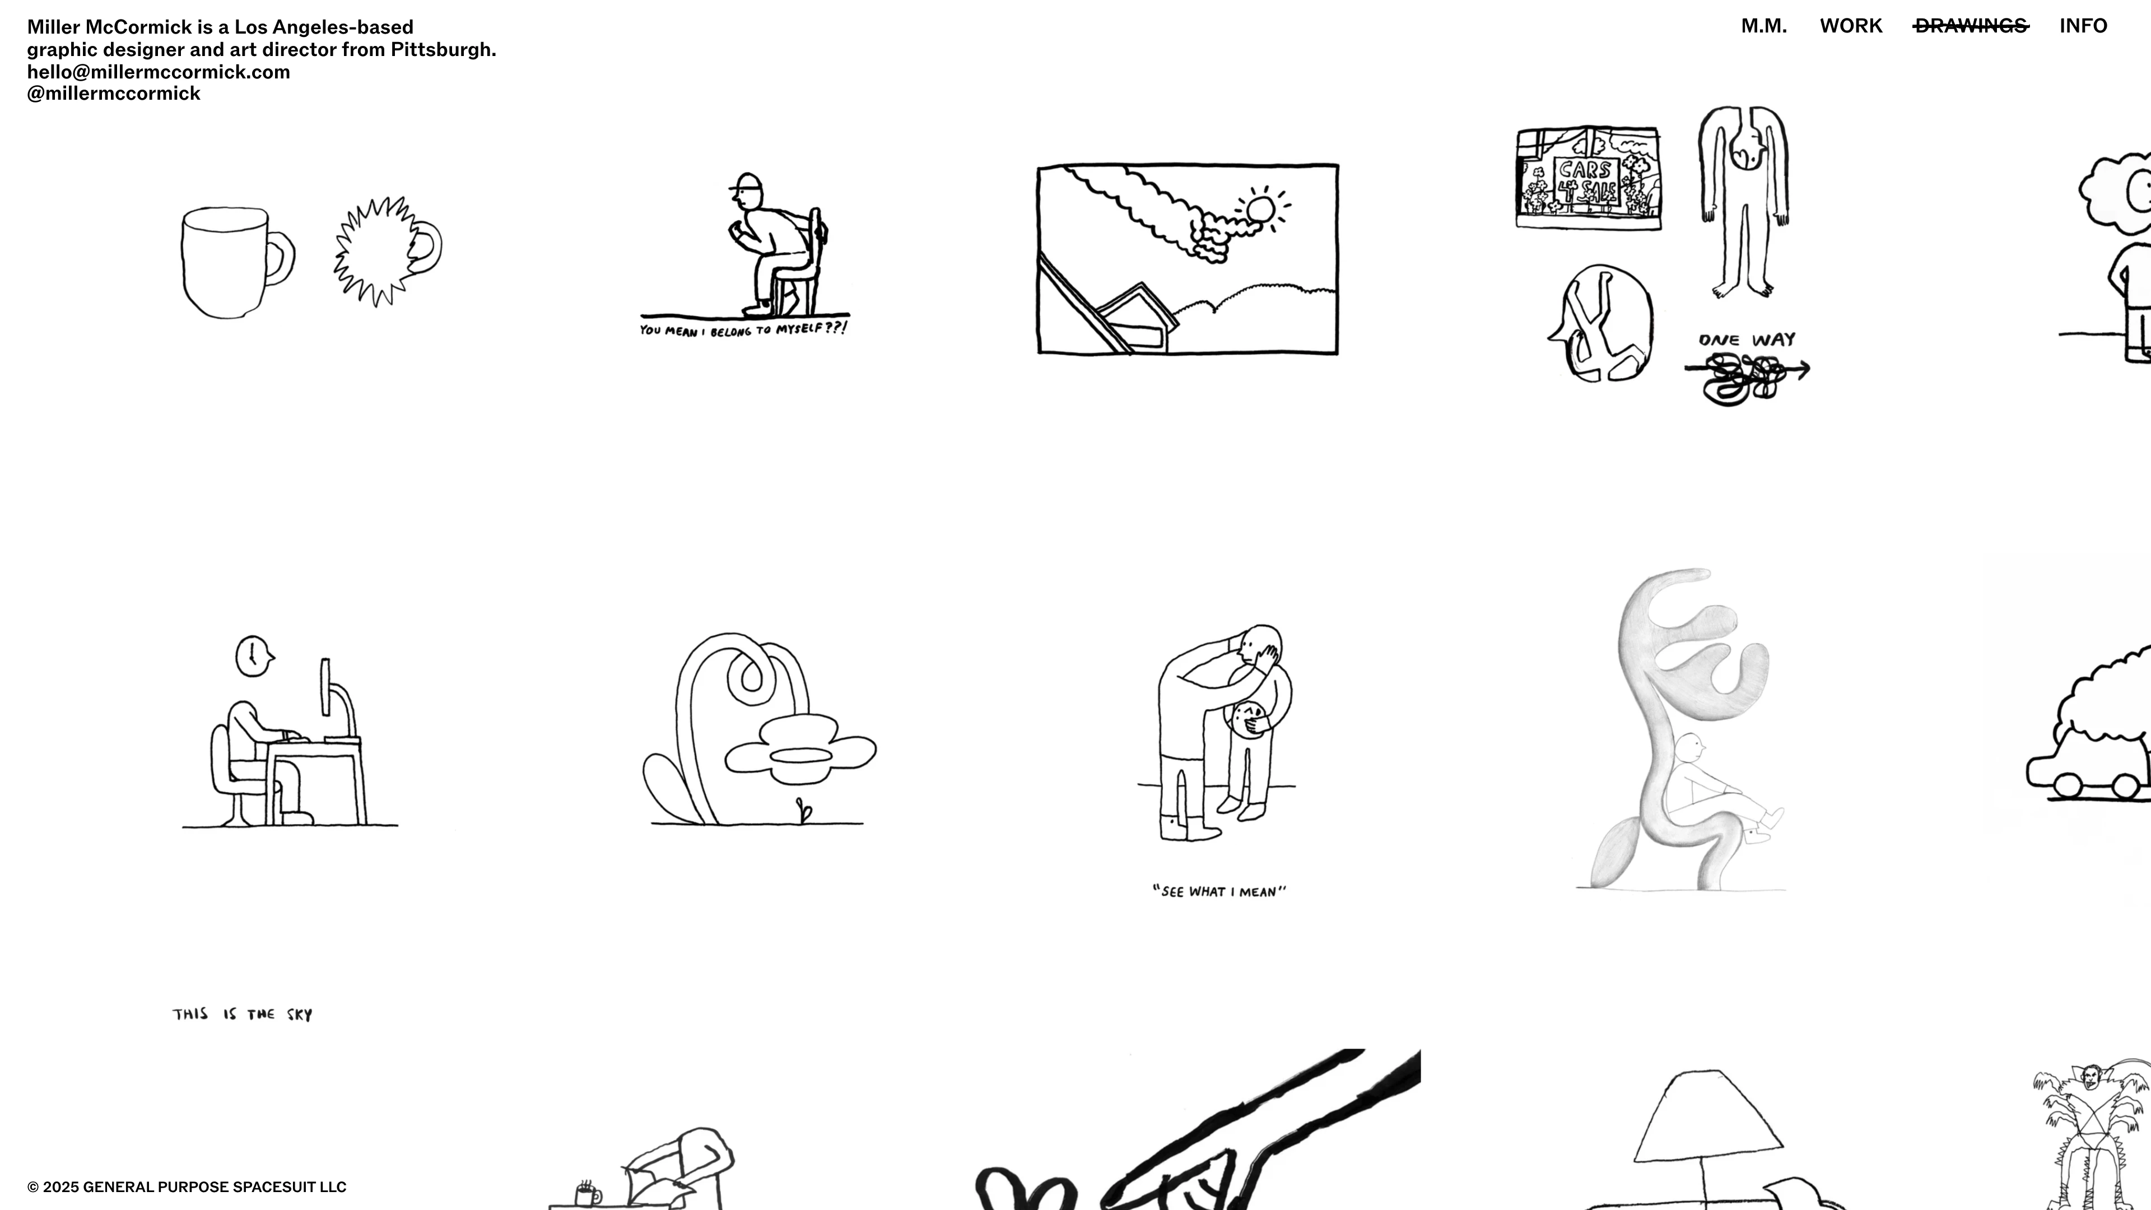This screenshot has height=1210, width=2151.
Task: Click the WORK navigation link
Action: click(1850, 26)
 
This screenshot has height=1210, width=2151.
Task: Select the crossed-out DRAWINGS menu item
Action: click(1971, 26)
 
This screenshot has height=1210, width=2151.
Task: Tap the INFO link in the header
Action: click(2083, 26)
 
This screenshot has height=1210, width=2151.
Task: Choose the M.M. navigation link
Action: click(1763, 26)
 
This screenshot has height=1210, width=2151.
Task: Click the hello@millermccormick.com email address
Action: click(159, 72)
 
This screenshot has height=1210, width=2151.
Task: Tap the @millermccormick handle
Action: click(114, 94)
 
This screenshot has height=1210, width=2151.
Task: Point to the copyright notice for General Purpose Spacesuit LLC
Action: click(187, 1186)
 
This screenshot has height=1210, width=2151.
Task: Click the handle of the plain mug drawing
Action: click(282, 255)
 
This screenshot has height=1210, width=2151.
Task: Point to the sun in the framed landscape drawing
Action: click(1259, 210)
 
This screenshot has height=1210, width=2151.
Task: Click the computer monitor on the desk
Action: click(325, 686)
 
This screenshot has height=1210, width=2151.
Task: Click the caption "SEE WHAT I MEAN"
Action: click(1219, 891)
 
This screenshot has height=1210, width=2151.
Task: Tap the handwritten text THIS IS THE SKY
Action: click(242, 1014)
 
